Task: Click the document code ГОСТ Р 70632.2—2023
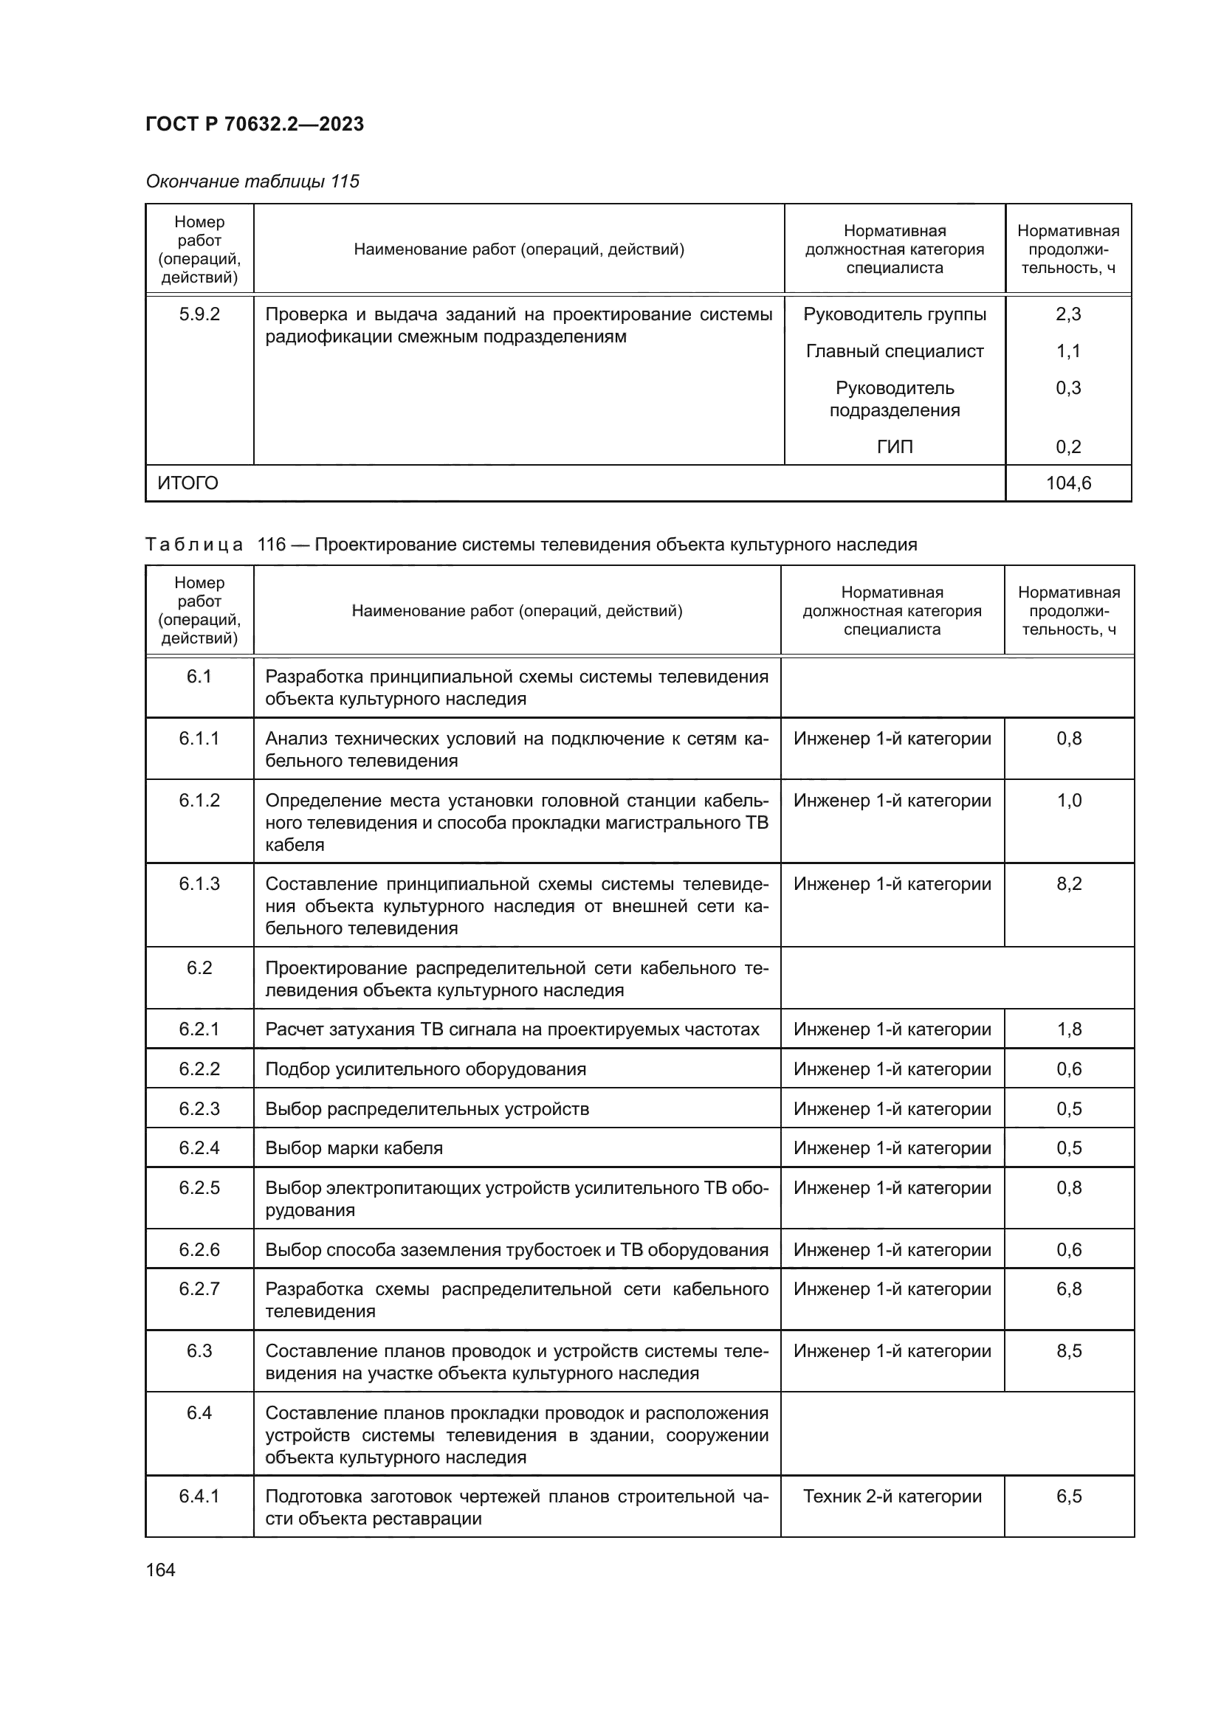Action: click(254, 124)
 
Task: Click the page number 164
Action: click(160, 1570)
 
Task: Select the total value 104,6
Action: click(1068, 483)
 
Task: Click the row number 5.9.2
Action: click(199, 314)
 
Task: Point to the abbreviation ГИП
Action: click(895, 447)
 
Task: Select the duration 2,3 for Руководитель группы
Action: click(1068, 314)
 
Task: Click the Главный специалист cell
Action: click(895, 351)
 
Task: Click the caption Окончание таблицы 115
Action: click(252, 182)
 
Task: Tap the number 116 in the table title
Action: click(272, 545)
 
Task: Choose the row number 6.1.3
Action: click(199, 884)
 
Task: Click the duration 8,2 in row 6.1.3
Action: click(1069, 884)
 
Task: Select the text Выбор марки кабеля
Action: click(354, 1148)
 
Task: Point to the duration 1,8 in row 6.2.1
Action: click(1069, 1029)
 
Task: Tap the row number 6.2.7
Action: click(199, 1289)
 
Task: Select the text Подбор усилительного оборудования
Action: click(425, 1069)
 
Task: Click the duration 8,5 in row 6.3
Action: click(1069, 1351)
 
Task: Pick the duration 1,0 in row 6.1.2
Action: click(1069, 801)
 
